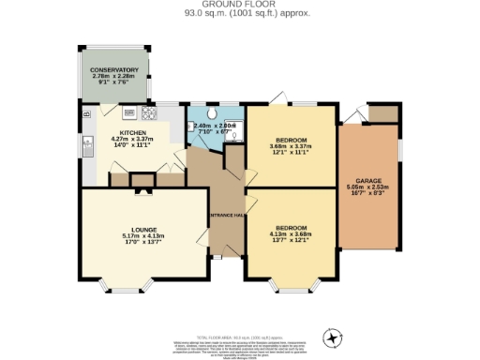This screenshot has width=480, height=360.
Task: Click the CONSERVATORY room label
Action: point(114,70)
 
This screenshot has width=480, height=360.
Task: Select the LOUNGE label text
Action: point(144,228)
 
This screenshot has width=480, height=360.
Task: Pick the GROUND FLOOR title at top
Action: point(239,5)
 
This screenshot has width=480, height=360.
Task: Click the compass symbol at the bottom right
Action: point(330,337)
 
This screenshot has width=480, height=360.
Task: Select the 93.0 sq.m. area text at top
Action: point(239,14)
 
